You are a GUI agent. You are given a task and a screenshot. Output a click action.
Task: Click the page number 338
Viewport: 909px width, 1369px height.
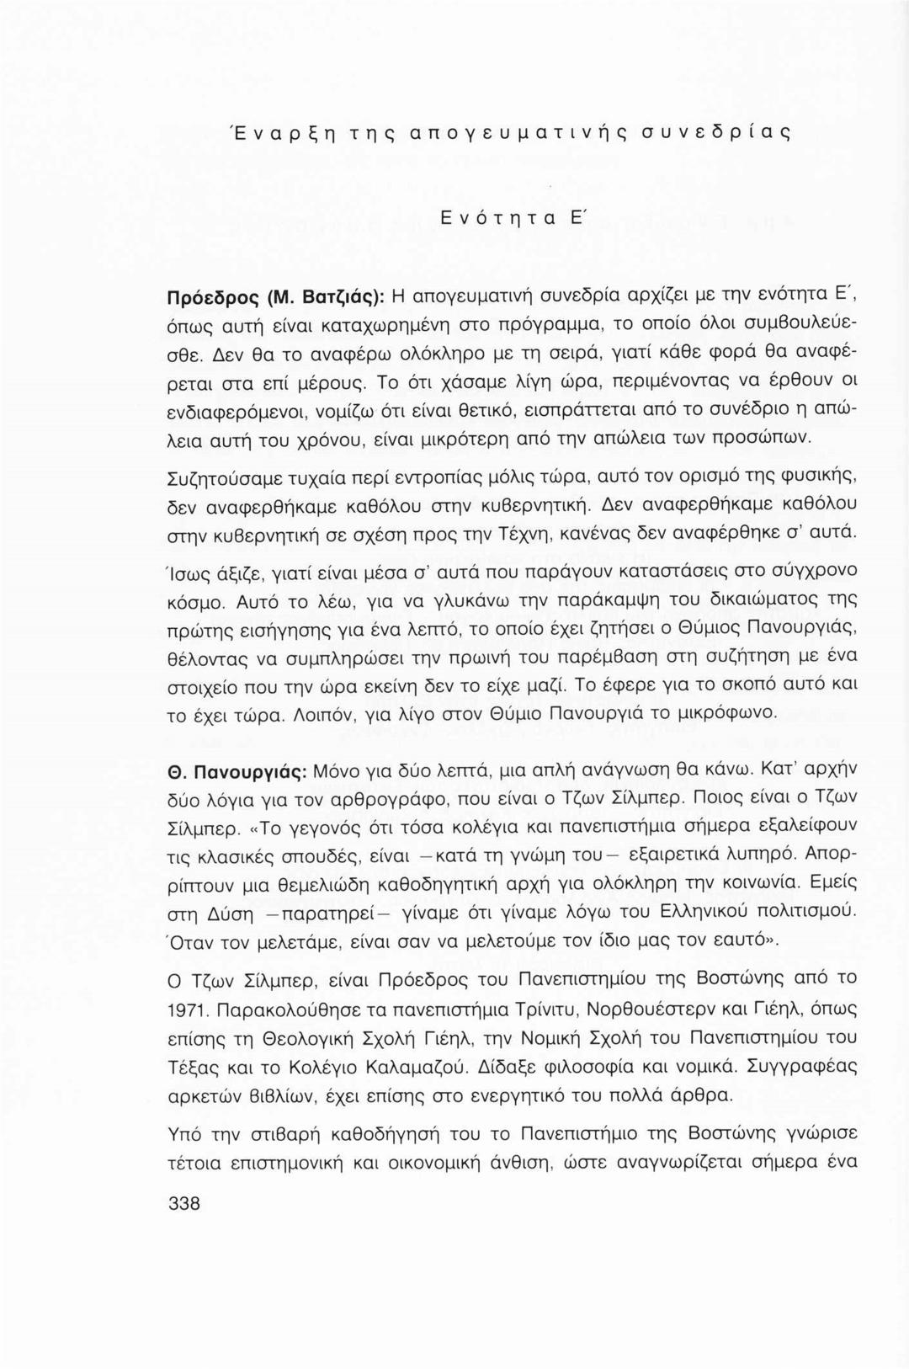point(184,1203)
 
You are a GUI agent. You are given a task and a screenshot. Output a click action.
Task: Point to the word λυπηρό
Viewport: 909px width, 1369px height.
point(760,855)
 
